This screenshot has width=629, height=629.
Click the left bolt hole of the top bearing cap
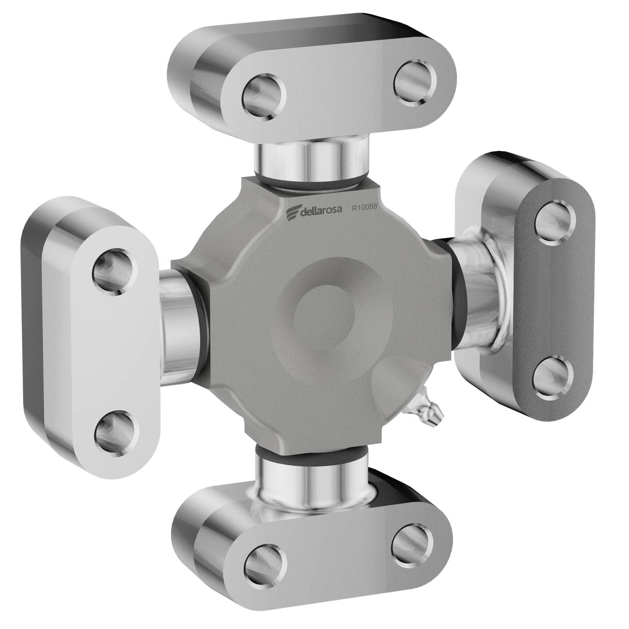(264, 97)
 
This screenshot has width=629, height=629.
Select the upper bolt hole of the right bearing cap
(555, 223)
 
